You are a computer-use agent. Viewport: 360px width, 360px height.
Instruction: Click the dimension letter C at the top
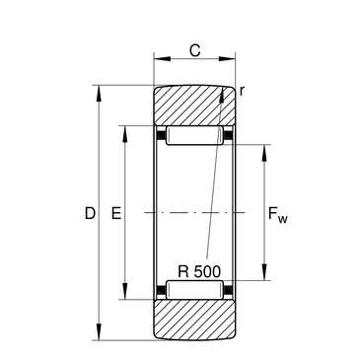point(194,50)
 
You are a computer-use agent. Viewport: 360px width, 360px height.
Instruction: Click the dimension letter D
point(90,213)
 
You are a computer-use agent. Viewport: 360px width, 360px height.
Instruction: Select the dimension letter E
point(116,213)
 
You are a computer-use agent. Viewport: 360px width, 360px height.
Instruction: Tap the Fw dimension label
point(278,215)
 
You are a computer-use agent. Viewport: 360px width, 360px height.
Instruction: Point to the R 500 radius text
point(199,272)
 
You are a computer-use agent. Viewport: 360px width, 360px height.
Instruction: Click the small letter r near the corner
point(242,91)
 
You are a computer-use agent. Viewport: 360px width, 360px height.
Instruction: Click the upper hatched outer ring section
point(194,106)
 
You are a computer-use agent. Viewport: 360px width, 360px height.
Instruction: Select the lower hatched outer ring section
point(194,320)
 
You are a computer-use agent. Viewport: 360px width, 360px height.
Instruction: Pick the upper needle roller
point(194,135)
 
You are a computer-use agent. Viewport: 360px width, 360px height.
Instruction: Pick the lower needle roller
point(194,290)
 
